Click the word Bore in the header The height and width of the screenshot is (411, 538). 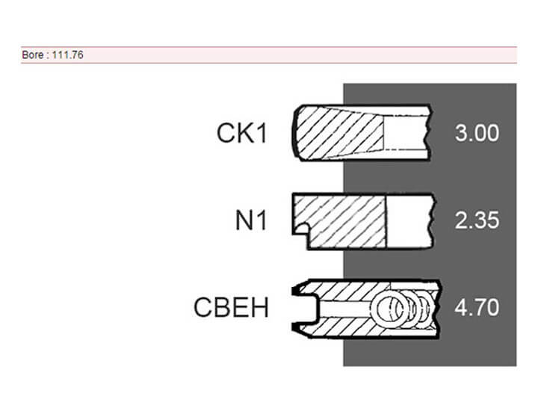[x=32, y=55]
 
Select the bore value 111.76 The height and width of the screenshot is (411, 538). [x=68, y=55]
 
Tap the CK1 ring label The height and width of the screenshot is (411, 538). [x=241, y=133]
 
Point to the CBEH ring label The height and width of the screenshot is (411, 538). [x=231, y=308]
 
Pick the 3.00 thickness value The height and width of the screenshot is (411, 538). [x=477, y=133]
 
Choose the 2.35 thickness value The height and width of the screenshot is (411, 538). [x=477, y=221]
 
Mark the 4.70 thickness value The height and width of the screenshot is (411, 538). [x=477, y=308]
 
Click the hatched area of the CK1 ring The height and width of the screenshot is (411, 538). [x=340, y=132]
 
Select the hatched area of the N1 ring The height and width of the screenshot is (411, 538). [x=344, y=221]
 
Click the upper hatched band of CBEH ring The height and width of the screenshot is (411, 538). [x=344, y=289]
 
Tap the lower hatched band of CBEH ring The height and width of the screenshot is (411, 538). [x=344, y=327]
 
